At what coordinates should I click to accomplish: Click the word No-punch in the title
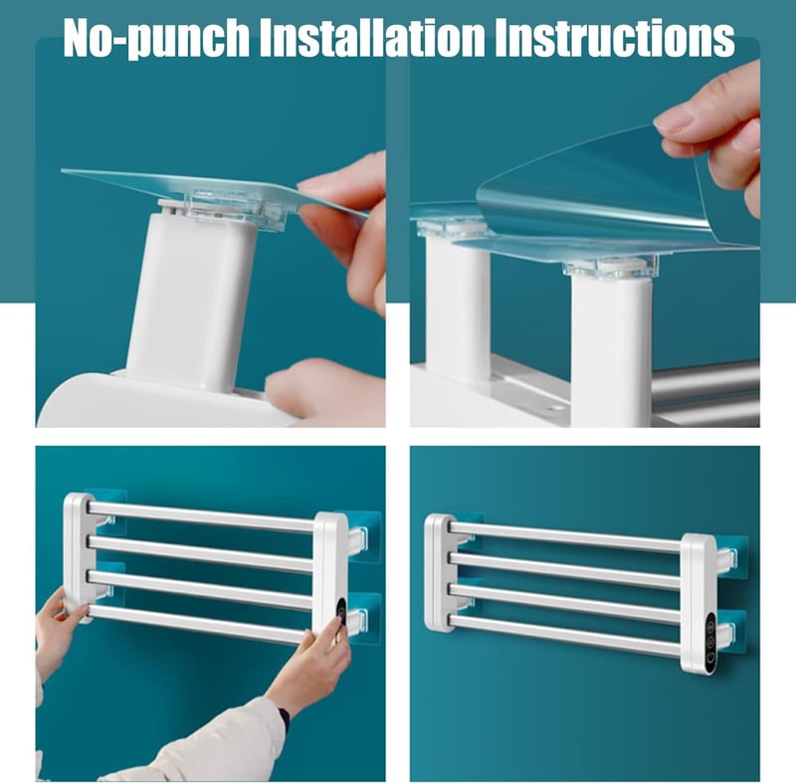[x=156, y=38]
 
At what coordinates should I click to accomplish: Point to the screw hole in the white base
[x=554, y=407]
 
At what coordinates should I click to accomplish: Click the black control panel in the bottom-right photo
[x=710, y=643]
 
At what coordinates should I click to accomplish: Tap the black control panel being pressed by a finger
[x=341, y=616]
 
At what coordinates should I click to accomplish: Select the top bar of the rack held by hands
[x=201, y=517]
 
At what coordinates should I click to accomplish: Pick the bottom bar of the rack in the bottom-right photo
[x=564, y=636]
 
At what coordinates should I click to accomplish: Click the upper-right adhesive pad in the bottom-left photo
[x=363, y=536]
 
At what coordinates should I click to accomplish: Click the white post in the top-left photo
[x=192, y=299]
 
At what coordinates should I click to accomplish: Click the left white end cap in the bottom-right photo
[x=440, y=572]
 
